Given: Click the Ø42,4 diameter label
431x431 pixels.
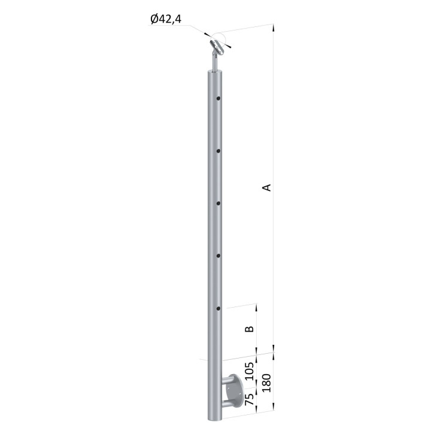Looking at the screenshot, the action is (x=166, y=19).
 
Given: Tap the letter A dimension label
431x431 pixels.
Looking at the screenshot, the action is (x=266, y=187).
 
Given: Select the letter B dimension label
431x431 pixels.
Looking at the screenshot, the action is (x=249, y=329).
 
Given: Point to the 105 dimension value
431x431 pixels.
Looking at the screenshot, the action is (x=249, y=371).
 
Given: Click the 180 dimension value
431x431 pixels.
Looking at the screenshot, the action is (x=266, y=383).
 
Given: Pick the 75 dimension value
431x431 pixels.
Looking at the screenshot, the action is (x=249, y=399).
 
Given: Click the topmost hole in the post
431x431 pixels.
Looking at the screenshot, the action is (x=218, y=98).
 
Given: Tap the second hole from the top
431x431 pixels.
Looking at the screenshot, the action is (x=218, y=151).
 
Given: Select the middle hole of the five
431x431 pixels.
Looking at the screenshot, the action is (x=218, y=204).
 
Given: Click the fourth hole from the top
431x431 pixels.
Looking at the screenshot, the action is (x=218, y=256).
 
